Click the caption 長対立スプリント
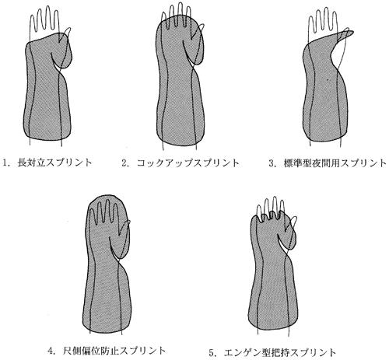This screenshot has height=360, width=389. [x=54, y=163]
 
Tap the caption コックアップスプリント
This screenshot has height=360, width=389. [x=188, y=163]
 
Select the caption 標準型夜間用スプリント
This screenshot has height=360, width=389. [x=335, y=163]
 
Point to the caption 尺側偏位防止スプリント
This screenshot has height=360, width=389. [x=114, y=351]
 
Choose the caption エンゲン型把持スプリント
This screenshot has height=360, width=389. [x=280, y=352]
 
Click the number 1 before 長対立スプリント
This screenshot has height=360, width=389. [x=5, y=163]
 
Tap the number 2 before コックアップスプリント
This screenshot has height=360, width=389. [x=124, y=163]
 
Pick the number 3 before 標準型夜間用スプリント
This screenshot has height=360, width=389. [x=272, y=163]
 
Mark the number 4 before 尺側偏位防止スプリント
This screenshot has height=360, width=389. [x=51, y=351]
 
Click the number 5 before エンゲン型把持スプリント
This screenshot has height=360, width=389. [x=212, y=353]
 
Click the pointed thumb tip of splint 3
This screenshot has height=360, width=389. [x=352, y=32]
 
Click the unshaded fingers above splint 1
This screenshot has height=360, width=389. [x=44, y=22]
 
